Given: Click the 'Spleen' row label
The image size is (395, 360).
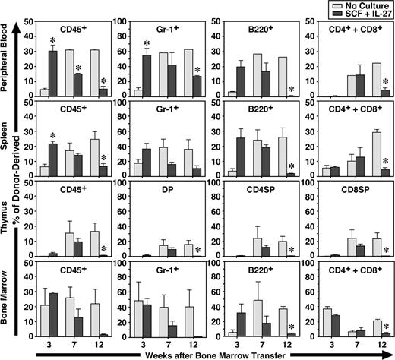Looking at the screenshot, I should click(x=7, y=144).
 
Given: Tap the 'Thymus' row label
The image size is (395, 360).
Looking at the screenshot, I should click(x=7, y=228).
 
